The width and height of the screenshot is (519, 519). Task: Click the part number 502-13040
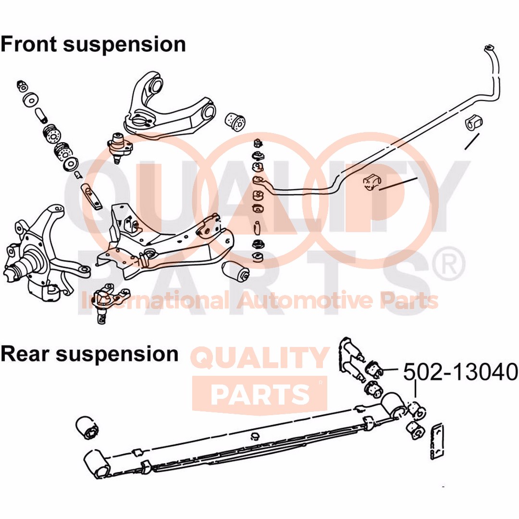(460, 371)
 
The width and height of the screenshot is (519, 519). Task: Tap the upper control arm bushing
(235, 122)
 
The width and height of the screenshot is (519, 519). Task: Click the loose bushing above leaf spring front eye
(87, 427)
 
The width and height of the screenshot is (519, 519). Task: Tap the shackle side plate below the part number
(437, 441)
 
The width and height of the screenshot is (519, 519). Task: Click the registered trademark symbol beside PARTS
(452, 262)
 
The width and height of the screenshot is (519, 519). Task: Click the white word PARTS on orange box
(259, 394)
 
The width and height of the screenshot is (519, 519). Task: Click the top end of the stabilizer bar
(489, 48)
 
